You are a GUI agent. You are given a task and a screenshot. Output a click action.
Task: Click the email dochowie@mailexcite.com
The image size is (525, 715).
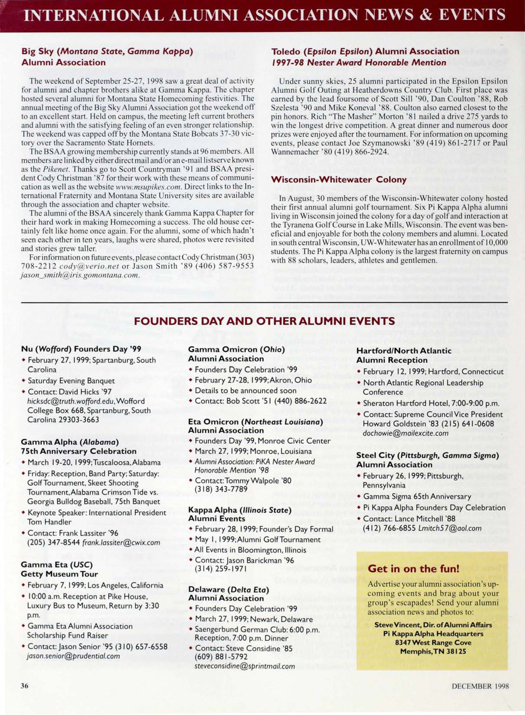pyautogui.click(x=406, y=433)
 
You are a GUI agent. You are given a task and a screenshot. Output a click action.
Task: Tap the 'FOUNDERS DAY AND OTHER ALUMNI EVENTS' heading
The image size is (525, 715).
pyautogui.click(x=264, y=321)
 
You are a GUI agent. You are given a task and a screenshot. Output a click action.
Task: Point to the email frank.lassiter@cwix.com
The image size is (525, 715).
pyautogui.click(x=121, y=543)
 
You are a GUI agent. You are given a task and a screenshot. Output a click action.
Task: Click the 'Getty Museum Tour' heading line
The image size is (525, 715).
pyautogui.click(x=59, y=574)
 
